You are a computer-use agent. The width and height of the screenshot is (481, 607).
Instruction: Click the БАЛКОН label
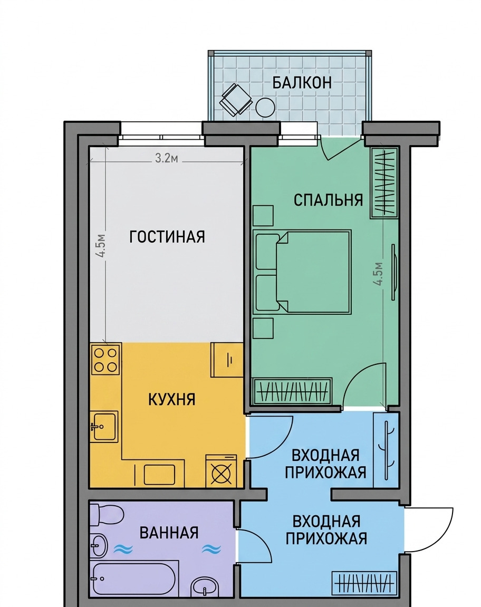click(302, 83)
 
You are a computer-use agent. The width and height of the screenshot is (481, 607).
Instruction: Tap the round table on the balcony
click(265, 108)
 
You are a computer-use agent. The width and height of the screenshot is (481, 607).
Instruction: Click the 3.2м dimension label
click(167, 158)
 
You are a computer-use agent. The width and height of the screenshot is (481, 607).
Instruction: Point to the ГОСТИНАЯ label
click(167, 237)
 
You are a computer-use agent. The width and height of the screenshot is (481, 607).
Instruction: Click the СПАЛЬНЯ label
click(329, 200)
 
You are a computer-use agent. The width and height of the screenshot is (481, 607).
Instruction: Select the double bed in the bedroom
click(302, 272)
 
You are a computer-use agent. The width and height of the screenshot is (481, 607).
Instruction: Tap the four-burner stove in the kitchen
click(105, 360)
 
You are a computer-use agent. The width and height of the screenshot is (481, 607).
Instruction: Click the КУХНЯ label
click(172, 400)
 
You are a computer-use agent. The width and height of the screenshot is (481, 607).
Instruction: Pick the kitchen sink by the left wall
click(104, 426)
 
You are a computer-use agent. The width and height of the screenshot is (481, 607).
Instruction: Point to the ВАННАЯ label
click(169, 533)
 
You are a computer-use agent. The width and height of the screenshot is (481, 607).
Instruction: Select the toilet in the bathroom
click(107, 514)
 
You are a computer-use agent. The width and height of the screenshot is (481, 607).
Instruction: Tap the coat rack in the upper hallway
click(386, 450)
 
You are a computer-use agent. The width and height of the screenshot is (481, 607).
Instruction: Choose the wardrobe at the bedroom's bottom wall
click(293, 391)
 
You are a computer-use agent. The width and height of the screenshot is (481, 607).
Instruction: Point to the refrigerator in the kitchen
click(227, 360)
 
